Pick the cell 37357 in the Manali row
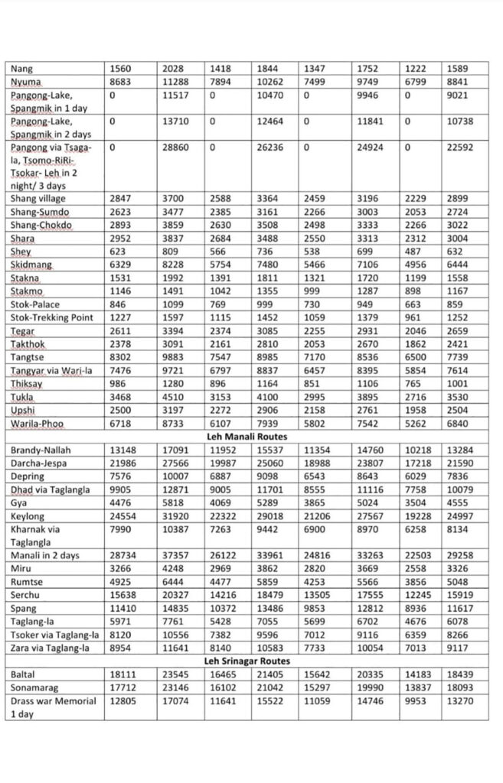tap(175, 555)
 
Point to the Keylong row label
tap(28, 517)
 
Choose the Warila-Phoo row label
tap(38, 423)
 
